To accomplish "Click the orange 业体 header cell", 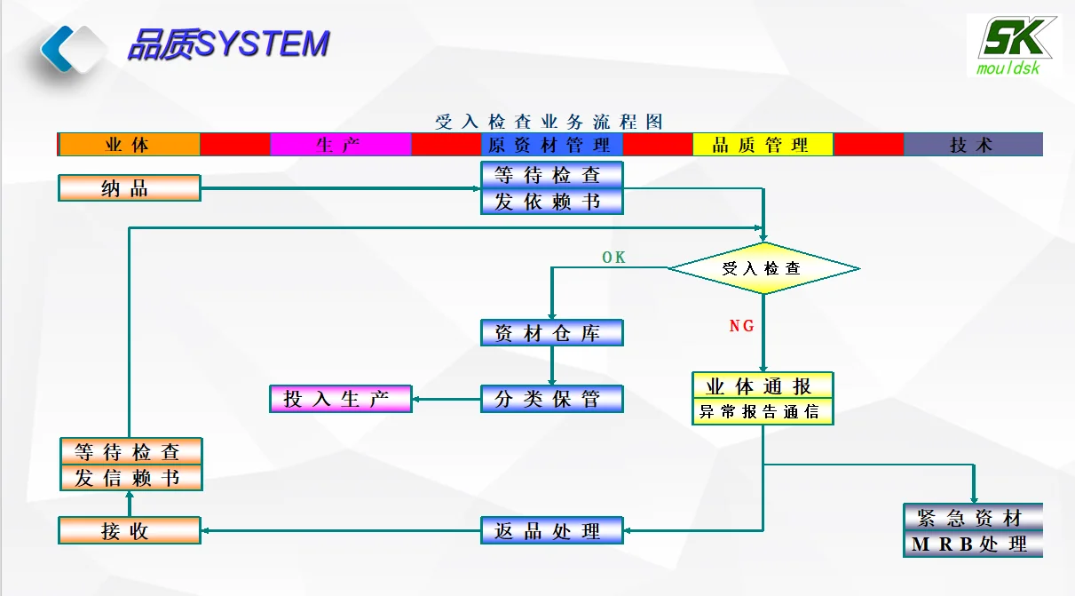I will pos(129,145).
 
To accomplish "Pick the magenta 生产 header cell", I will pos(340,145).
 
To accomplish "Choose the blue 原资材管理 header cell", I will pos(551,145).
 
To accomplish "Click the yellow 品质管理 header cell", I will pos(763,145).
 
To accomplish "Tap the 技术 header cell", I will pos(973,145).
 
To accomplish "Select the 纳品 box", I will pos(130,188).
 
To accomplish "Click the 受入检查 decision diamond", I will pos(763,268).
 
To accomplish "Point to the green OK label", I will pos(614,258).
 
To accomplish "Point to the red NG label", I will pos(742,326).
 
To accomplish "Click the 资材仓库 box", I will pos(552,333).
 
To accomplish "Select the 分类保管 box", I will pos(552,399).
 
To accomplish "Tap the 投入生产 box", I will pos(341,399).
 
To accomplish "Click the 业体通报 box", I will pos(763,386).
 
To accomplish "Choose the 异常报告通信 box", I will pos(763,412).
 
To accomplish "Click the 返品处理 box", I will pos(552,531).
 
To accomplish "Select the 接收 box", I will pos(130,531).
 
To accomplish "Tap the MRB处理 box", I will pos(973,544).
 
